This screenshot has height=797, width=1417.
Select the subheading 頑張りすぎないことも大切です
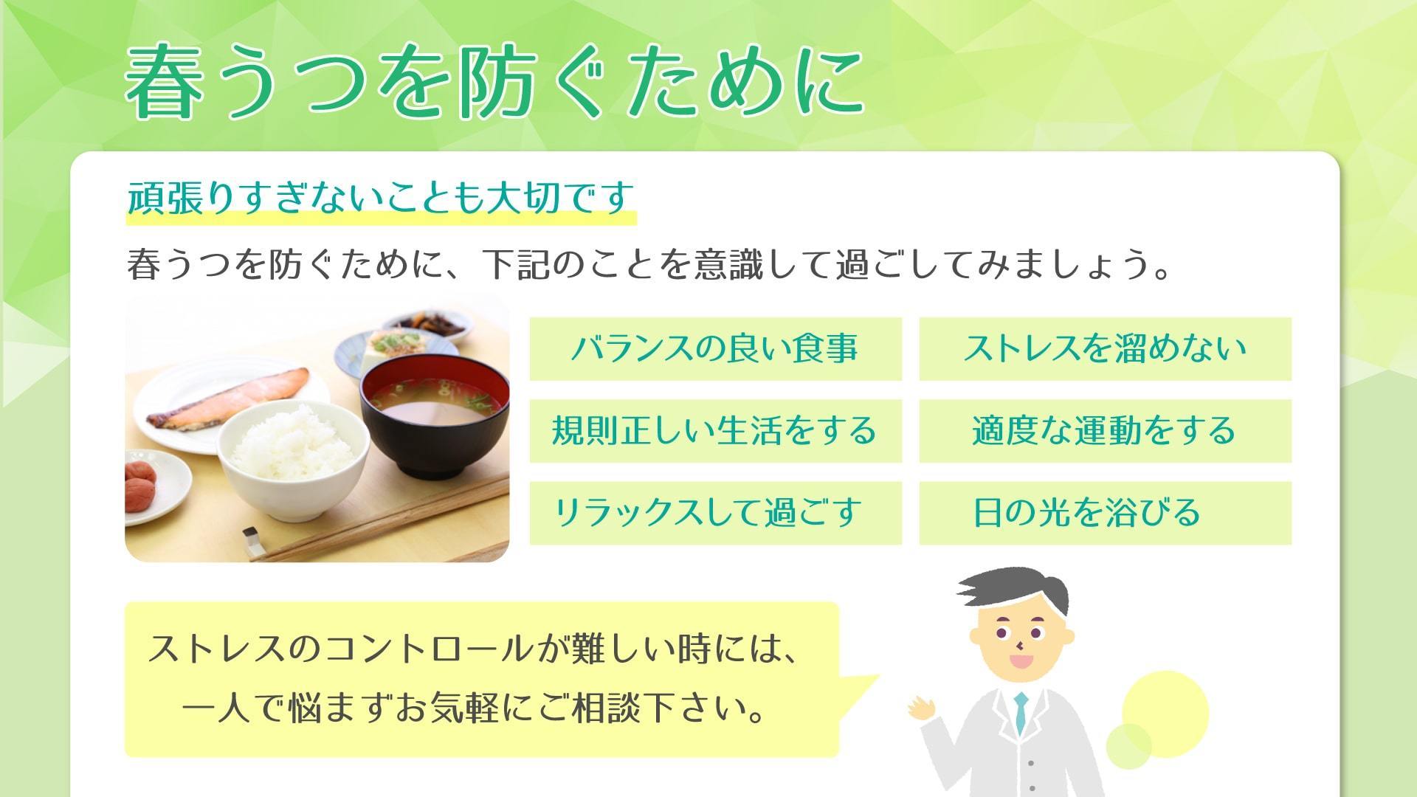(x=381, y=197)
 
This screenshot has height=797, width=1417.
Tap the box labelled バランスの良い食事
(x=716, y=348)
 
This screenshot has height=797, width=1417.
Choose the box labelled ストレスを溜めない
(x=1105, y=348)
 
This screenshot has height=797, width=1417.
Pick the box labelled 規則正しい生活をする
(x=716, y=431)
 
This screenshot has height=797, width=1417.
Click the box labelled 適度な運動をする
(x=1105, y=431)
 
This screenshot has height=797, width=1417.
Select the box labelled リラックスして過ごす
(x=716, y=513)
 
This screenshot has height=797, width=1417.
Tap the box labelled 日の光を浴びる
(x=1105, y=513)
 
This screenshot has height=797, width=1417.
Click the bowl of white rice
(x=293, y=458)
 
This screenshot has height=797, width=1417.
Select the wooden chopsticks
(x=384, y=517)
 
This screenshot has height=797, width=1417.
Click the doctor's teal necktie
(x=1021, y=711)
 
